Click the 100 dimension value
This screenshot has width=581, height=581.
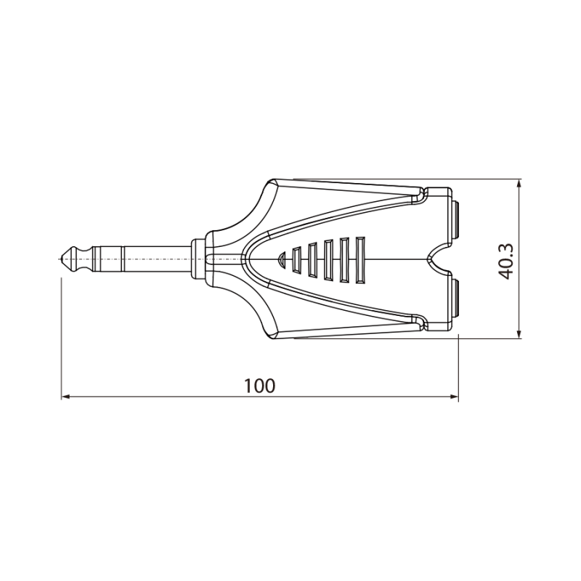tap(260, 386)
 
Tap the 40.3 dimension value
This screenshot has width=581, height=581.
tap(507, 261)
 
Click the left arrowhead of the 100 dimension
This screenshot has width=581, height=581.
tap(63, 397)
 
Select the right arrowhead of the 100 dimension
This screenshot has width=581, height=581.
tap(455, 397)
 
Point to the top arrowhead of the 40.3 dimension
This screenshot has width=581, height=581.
tap(519, 183)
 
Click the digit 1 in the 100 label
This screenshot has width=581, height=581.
tap(248, 386)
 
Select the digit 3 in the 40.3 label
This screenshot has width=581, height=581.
tap(507, 247)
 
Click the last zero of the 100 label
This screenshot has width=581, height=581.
tap(270, 386)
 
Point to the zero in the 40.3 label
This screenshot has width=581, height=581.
tap(507, 263)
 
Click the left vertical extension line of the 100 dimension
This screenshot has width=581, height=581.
tap(60, 334)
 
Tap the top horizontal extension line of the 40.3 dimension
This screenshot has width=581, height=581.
tap(407, 179)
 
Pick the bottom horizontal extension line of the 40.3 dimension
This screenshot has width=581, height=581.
tap(407, 338)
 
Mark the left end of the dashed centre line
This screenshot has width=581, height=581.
tap(59, 257)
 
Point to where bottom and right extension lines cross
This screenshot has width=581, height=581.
tap(459, 338)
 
